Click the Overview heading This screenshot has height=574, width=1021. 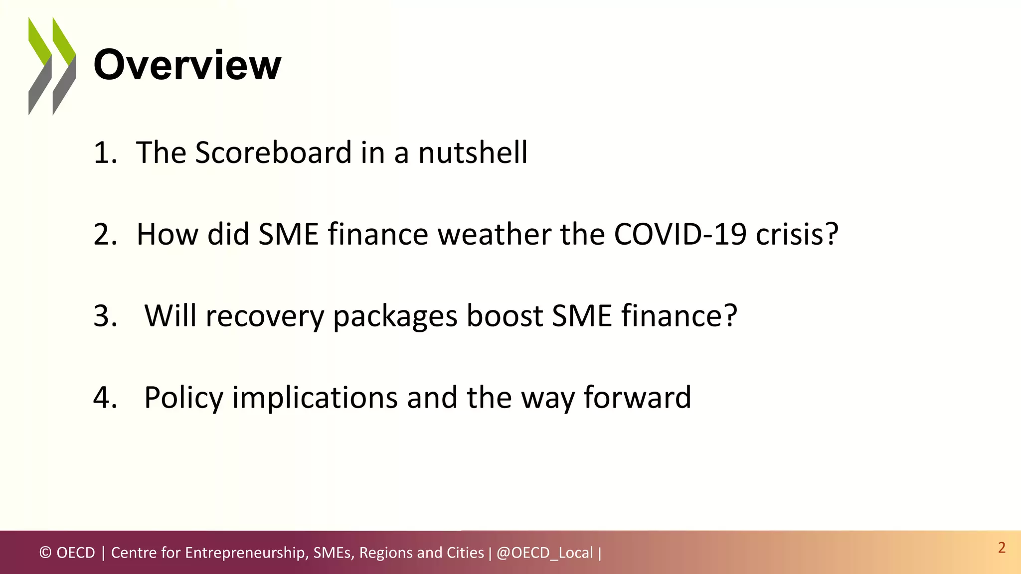pos(187,65)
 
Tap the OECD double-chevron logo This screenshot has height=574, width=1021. pos(52,66)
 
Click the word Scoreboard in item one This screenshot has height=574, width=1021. pos(273,152)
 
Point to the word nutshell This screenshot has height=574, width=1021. pos(473,152)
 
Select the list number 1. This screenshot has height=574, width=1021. pos(105,152)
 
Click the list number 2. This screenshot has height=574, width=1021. pos(105,234)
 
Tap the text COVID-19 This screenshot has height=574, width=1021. pos(680,234)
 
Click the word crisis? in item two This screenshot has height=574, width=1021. pos(797,234)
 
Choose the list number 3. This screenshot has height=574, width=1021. pos(105,316)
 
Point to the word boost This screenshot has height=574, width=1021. pos(504,316)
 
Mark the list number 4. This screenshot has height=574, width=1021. pos(105,398)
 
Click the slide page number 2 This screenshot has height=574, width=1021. pos(1002,548)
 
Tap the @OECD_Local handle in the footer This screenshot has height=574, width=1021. pos(544,553)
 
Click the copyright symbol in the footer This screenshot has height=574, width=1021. pos(45,553)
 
